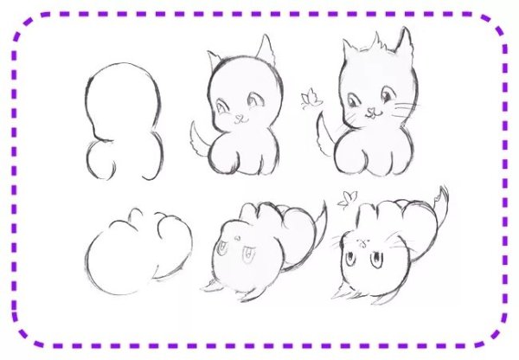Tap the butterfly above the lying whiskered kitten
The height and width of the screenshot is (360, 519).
[348, 198]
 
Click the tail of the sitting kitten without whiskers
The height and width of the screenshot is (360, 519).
[201, 141]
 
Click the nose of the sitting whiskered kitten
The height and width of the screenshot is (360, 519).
[373, 111]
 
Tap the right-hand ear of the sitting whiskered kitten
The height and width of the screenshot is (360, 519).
[401, 42]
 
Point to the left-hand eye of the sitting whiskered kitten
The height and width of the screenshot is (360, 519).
[356, 101]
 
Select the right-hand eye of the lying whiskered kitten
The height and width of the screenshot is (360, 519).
[378, 258]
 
